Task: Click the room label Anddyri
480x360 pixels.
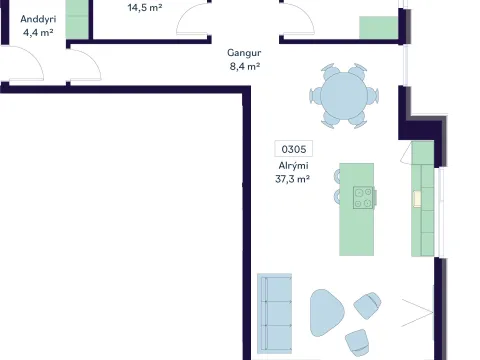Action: pos(38,19)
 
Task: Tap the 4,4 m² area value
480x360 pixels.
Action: pos(38,32)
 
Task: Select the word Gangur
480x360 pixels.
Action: pos(244,53)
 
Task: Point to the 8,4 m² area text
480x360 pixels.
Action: pos(245,66)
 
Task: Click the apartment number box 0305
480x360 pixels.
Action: pos(293,149)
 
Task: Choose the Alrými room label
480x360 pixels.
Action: pos(293,166)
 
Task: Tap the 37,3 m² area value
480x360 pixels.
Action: pos(292,179)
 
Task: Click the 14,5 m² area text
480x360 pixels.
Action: pos(145,7)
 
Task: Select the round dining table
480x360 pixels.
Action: pos(344,96)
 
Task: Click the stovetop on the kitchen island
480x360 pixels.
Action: pos(363,198)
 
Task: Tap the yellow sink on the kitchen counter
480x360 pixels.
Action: pos(417,199)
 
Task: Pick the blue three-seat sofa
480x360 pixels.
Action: pos(274,313)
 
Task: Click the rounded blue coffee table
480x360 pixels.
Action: pos(326,313)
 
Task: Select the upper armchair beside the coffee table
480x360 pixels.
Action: pos(367,305)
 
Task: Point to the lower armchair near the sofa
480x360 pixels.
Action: pos(357,342)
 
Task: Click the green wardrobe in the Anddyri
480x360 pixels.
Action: pos(77,19)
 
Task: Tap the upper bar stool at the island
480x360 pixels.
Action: pos(337,176)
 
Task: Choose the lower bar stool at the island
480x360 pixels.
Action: pos(337,196)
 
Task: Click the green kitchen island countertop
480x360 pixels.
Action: pos(356,209)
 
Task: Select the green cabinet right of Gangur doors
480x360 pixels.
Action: pos(378,27)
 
